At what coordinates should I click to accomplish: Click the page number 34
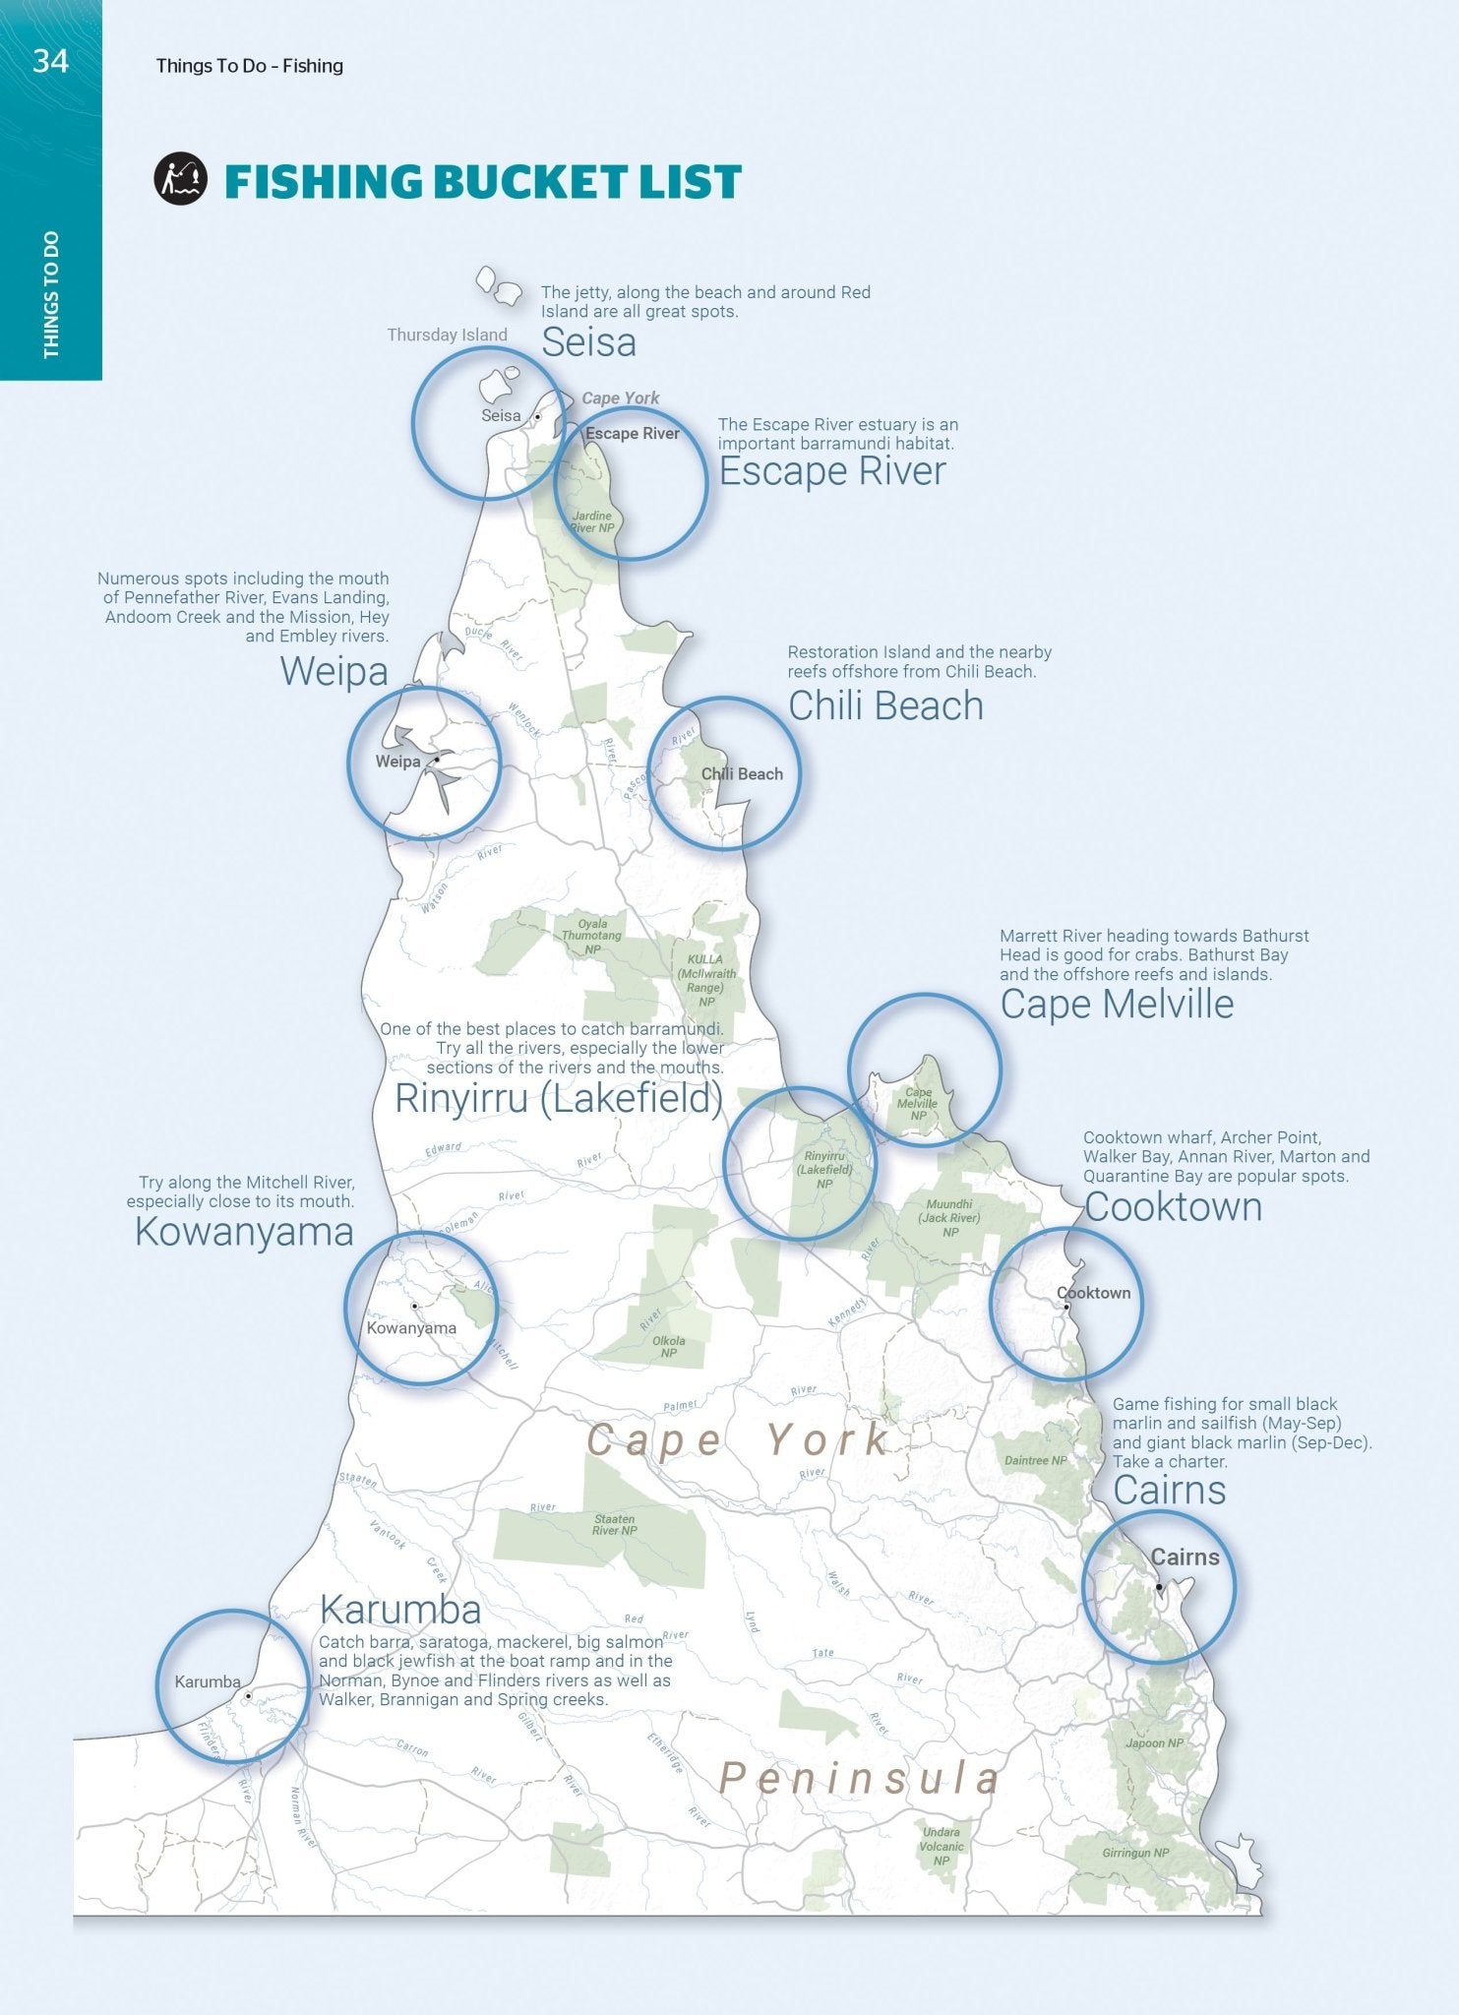pos(50,61)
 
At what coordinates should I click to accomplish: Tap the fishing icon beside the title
pos(180,178)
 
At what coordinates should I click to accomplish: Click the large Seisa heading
pos(588,342)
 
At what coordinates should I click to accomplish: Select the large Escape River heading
pos(832,471)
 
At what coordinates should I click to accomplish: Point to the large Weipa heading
pos(334,672)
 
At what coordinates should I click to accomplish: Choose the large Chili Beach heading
pos(885,706)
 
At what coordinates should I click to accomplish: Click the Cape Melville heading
pos(1117,1005)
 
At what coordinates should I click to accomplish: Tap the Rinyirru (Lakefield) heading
pos(559,1098)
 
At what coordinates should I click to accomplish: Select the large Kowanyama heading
pos(244,1232)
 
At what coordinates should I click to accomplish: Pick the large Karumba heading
pos(400,1610)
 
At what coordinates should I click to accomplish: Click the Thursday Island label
pos(447,335)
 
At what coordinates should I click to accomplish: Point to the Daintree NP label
pos(1035,1460)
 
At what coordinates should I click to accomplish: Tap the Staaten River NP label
pos(615,1524)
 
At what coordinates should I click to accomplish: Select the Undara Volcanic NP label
pos(942,1846)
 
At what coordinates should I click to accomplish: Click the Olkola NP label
pos(669,1346)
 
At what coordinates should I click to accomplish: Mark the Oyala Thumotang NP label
pos(592,936)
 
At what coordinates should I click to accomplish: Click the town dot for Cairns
pos(1159,1587)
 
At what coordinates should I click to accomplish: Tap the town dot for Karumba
pos(249,1696)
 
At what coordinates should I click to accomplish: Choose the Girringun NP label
pos(1135,1853)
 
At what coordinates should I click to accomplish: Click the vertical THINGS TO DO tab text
pos(51,295)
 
